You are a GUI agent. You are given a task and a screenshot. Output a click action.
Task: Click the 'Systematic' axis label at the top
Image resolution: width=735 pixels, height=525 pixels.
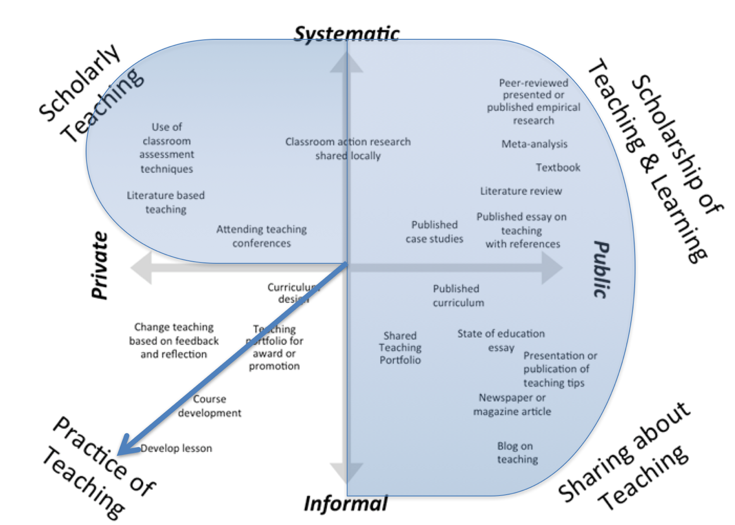point(346,34)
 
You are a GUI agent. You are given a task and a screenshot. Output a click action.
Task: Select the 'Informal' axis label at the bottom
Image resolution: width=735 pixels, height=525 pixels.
point(345,503)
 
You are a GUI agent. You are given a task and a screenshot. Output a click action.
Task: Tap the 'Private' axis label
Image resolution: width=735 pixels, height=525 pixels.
point(100,265)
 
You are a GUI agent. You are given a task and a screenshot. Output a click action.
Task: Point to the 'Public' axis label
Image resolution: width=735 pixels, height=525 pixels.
point(602,269)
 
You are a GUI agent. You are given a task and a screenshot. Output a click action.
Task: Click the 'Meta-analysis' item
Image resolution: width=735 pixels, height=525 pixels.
point(534,144)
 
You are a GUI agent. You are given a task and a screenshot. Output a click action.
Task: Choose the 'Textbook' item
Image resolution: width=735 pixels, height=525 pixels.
point(558,168)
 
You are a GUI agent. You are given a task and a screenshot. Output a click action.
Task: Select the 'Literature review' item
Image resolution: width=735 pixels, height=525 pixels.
point(521,191)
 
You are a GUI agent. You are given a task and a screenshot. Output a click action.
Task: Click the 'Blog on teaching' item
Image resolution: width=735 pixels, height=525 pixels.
point(516,452)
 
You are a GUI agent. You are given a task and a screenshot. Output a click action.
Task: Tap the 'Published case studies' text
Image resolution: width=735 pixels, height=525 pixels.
point(434,232)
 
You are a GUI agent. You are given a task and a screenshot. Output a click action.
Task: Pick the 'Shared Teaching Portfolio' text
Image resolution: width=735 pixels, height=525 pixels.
point(400,348)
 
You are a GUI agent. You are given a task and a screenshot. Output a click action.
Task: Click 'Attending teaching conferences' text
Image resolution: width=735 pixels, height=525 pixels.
point(261,236)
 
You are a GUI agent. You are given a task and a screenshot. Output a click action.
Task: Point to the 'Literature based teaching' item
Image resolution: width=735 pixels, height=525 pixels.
point(166,202)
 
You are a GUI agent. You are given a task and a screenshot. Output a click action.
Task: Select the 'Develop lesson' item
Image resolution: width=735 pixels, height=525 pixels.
point(176,448)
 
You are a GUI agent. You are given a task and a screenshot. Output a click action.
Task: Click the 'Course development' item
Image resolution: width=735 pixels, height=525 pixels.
point(209,406)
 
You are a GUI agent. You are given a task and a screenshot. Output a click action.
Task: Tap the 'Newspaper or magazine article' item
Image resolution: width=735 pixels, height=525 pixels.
point(512,404)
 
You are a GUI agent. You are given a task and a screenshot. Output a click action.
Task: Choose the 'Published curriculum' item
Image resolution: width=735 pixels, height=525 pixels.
point(458,296)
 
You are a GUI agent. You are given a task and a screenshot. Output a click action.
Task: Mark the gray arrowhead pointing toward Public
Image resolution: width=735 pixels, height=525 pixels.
point(552,268)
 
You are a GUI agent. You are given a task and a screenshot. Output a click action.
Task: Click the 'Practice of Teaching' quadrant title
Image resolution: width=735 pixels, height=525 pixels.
point(98,468)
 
